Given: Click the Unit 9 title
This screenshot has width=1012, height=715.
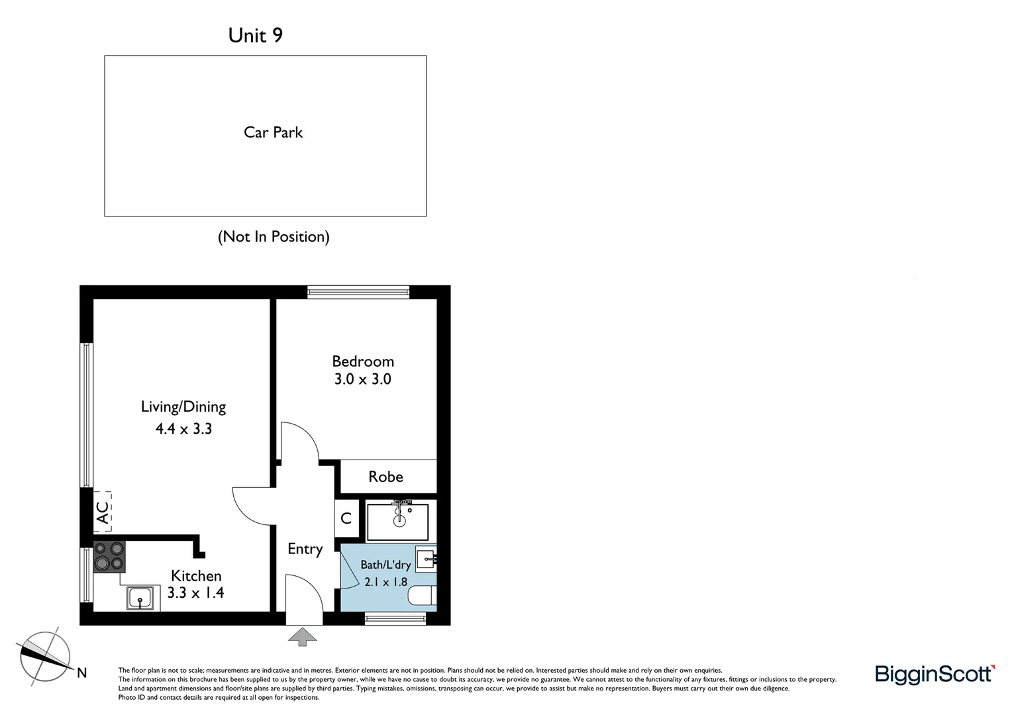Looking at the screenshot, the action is point(255,35).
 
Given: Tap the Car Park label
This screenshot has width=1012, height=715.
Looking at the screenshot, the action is point(273,132).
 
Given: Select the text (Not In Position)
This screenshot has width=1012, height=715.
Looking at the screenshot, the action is point(274,236).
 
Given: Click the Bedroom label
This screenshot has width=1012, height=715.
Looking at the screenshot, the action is point(363,361).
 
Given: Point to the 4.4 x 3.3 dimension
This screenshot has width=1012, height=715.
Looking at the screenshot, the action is point(183,428).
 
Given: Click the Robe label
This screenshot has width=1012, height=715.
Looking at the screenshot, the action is point(385,477).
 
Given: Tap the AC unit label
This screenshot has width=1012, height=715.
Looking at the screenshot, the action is point(103,512).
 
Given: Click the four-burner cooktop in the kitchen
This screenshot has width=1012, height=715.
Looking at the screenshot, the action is point(109,557).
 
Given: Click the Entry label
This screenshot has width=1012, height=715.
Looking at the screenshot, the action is point(305,549).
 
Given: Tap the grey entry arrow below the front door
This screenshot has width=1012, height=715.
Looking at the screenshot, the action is point(302,636).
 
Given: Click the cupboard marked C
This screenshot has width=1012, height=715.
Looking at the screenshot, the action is point(346,518).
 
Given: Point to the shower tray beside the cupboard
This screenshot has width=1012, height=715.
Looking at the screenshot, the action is point(397,522).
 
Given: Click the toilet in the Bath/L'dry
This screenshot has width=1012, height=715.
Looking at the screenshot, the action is point(423,595).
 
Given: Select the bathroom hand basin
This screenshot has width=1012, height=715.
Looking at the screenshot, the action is point(426,559).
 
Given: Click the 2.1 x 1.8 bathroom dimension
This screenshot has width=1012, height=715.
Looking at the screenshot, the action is point(386,582).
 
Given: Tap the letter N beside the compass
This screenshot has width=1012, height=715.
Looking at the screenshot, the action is point(81,673).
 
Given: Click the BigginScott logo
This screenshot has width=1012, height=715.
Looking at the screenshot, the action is point(935,675).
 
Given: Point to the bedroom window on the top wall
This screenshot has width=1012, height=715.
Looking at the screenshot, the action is point(358,292).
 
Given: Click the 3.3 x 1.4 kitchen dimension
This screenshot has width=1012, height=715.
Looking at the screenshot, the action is point(195,592).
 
